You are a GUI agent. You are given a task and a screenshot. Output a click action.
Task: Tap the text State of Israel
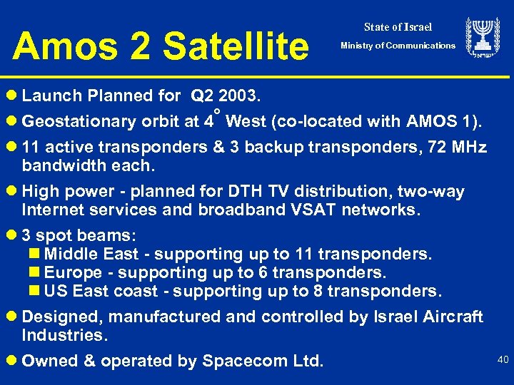(x=398, y=27)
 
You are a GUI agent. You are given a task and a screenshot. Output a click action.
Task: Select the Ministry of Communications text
(x=398, y=46)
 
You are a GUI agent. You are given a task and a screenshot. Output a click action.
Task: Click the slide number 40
(x=503, y=361)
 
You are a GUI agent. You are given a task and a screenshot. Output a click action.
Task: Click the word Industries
(x=64, y=335)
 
